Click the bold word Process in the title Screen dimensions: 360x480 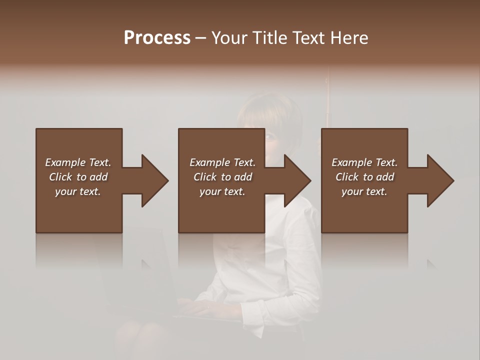point(157,38)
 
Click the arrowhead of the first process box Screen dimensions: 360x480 point(154,180)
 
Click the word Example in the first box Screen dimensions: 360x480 point(65,162)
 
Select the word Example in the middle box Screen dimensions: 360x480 point(209,162)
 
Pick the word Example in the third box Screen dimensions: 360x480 point(351,162)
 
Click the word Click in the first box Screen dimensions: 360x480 point(60,177)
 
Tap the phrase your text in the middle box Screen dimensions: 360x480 point(222,191)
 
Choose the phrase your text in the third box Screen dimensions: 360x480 point(364,191)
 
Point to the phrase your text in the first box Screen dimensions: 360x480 point(77,191)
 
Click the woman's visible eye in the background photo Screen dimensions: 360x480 point(270,136)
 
